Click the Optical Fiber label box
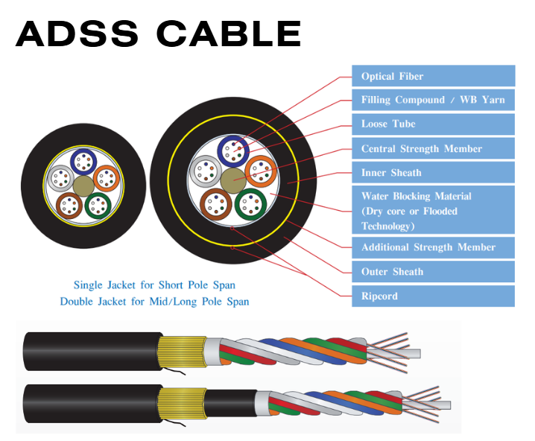pos(433,76)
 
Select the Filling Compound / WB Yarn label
pos(433,100)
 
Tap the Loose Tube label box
pos(433,124)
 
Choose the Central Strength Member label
pos(433,148)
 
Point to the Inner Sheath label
pos(433,172)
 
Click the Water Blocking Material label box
pos(433,211)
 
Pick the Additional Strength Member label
pos(433,247)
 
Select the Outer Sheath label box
pos(433,271)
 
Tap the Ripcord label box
pos(433,296)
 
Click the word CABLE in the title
pos(229,34)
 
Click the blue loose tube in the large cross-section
pos(232,150)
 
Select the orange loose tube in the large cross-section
pos(260,171)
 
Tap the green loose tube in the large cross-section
pos(250,203)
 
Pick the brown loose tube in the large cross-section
pos(215,203)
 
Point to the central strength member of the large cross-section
pos(232,180)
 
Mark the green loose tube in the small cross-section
pos(98,204)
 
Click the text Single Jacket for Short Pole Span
pos(154,285)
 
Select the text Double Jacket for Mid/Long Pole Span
pos(154,302)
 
